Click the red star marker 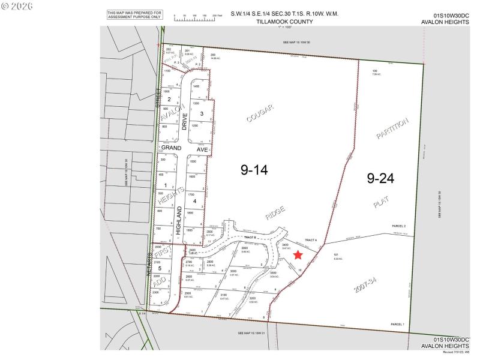click(x=298, y=254)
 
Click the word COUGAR click(x=260, y=113)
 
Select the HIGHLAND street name click(x=179, y=223)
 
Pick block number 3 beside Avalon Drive click(x=202, y=113)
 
